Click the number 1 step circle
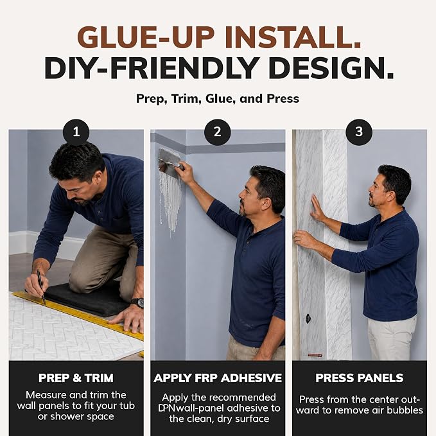[x=76, y=132]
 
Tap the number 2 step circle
[x=218, y=132]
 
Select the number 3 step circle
[x=359, y=132]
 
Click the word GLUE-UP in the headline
[x=146, y=37]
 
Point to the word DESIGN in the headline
[x=331, y=69]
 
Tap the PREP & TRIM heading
[x=76, y=378]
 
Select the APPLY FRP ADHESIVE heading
[x=218, y=378]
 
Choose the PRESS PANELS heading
[x=359, y=378]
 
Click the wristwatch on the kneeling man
[x=138, y=302]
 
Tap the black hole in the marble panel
[x=308, y=318]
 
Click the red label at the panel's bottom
[x=315, y=355]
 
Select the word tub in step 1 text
[x=127, y=406]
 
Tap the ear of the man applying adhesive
[x=266, y=204]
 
